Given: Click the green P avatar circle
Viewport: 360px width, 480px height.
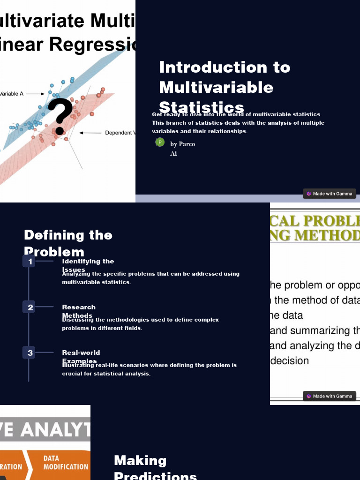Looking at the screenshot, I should tap(160, 142).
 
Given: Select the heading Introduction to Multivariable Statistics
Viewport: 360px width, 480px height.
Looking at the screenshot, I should tap(225, 87).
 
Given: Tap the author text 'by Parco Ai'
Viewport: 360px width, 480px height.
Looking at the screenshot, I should tap(182, 149).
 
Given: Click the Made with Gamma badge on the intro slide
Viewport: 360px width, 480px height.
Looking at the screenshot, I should tap(330, 194).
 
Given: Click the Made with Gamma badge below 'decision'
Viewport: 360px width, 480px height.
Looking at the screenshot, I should tap(330, 396).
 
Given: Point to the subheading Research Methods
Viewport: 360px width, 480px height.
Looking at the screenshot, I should tap(79, 311).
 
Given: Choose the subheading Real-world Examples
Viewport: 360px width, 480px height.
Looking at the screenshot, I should tap(81, 357).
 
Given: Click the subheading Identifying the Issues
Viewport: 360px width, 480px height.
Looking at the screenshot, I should tap(88, 265).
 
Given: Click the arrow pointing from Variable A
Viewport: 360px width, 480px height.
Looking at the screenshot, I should tap(36, 94).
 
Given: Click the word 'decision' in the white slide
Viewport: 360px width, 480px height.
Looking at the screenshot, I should tap(289, 361).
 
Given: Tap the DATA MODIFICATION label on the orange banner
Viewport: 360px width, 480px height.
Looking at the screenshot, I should tap(66, 463).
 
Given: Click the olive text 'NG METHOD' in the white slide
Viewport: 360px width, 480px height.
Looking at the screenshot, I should tap(314, 235).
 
